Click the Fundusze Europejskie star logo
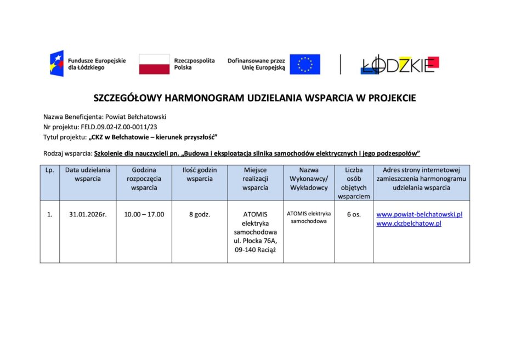(56, 64)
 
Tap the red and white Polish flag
(154, 64)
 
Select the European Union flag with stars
(305, 64)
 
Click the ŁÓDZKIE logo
(400, 65)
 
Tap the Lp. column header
(49, 170)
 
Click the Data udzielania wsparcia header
(88, 174)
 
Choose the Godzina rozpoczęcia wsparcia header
(144, 179)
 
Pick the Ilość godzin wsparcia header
(200, 174)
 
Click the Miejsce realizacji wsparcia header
(255, 179)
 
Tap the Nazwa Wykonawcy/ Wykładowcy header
(309, 179)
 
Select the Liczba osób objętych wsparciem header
(354, 183)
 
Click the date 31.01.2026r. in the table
(88, 214)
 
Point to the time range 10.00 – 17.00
(144, 214)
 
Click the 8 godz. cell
(200, 214)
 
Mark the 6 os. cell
(354, 214)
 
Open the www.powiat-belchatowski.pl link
(420, 214)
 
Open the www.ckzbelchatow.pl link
(409, 224)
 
